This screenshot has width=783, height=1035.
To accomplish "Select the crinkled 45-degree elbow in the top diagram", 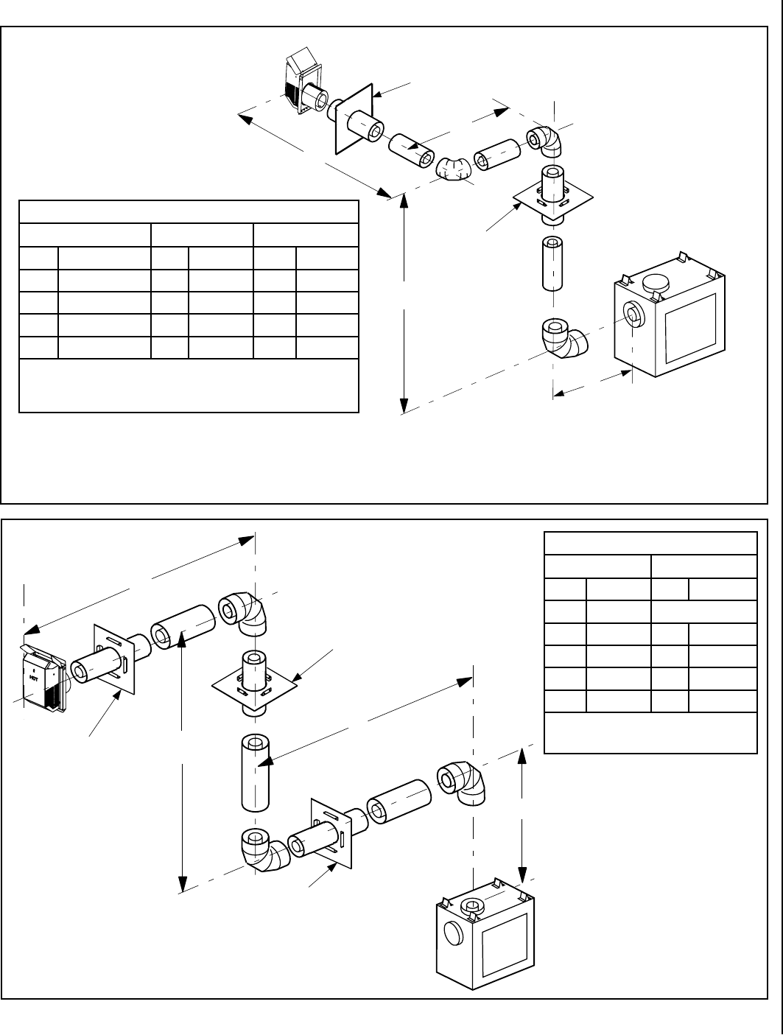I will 454,169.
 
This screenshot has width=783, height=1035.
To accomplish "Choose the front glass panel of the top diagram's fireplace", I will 690,329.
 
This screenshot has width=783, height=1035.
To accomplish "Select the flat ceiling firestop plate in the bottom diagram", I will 254,685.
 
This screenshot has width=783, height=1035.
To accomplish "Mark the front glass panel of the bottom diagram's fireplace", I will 504,947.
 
